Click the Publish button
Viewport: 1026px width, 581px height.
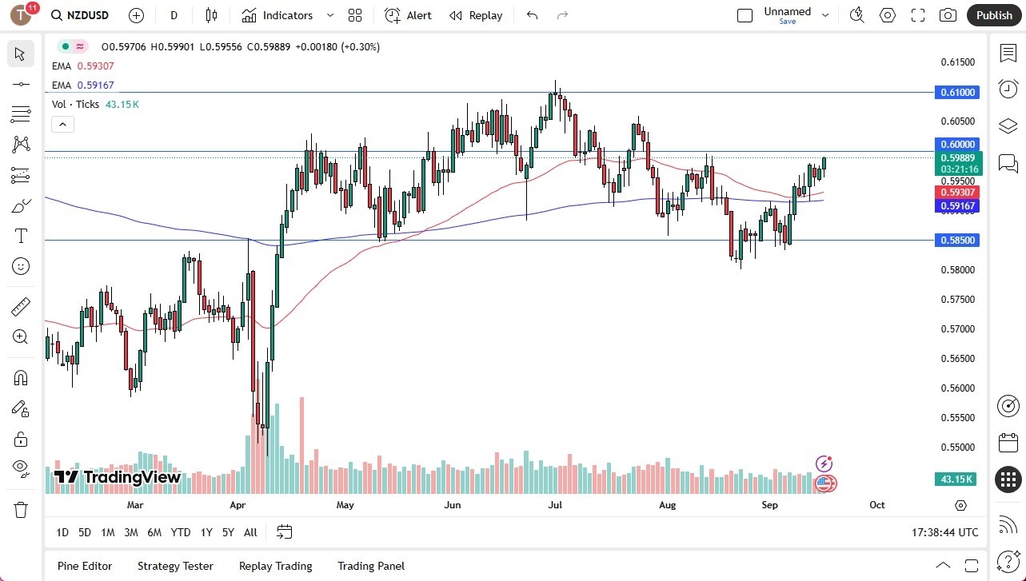pos(994,15)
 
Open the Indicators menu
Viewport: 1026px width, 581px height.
pos(277,15)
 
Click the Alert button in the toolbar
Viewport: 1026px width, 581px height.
pos(408,15)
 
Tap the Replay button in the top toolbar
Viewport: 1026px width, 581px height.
pos(476,15)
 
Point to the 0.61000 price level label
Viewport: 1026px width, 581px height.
pos(958,93)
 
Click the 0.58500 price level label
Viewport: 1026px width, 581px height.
pos(958,240)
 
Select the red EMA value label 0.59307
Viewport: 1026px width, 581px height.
pos(958,192)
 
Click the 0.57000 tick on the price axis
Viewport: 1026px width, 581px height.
pos(956,328)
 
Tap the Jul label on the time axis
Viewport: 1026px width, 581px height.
pos(555,505)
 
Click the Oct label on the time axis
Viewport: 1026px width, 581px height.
pos(876,505)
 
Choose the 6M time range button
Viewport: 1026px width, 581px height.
pos(154,532)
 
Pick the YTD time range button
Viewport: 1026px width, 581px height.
pos(181,532)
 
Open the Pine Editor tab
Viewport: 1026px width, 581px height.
pos(85,566)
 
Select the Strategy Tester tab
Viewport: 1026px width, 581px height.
pos(175,566)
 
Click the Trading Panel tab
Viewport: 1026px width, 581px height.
pos(371,566)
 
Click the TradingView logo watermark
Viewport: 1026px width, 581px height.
pos(118,477)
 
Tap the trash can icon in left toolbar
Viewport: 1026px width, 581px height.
pos(21,509)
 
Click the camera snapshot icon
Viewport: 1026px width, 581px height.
pos(948,15)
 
